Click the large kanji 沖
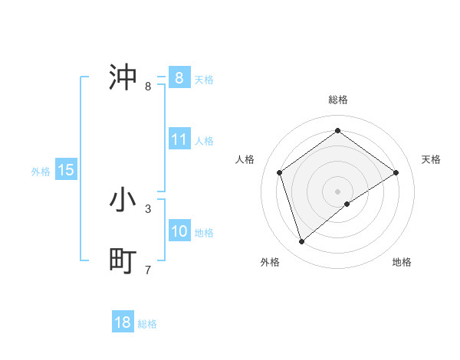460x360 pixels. coord(123,77)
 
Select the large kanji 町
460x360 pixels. coord(123,261)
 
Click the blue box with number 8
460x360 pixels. coord(179,77)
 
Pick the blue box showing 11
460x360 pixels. coord(179,139)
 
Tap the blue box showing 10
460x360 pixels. coord(179,231)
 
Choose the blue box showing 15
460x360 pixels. coord(66,170)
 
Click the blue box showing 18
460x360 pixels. coord(123,322)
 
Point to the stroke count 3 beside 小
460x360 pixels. coord(148,208)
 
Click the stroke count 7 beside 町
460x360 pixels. coord(148,270)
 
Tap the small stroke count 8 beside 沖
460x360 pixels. coord(148,86)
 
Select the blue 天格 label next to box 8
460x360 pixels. coord(204,79)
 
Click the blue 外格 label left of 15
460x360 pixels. coord(41,172)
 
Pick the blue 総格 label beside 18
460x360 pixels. coord(147,324)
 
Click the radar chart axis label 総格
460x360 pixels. coord(338,100)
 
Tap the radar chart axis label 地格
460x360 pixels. coord(402,262)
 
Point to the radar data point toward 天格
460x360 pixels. coord(396,172)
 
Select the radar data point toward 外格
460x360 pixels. coord(302,242)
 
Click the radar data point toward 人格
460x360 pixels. coord(280,172)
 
